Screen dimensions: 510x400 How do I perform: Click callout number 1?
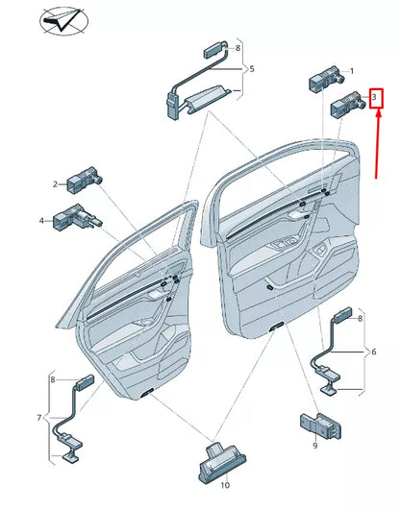(x=351, y=71)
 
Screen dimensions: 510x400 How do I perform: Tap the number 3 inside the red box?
(x=376, y=97)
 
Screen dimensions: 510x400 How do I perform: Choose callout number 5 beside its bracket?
(x=252, y=69)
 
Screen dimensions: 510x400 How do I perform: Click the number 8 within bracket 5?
(x=237, y=46)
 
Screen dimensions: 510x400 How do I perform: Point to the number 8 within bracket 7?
(x=54, y=380)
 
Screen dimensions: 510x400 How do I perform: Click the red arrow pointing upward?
(x=379, y=144)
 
